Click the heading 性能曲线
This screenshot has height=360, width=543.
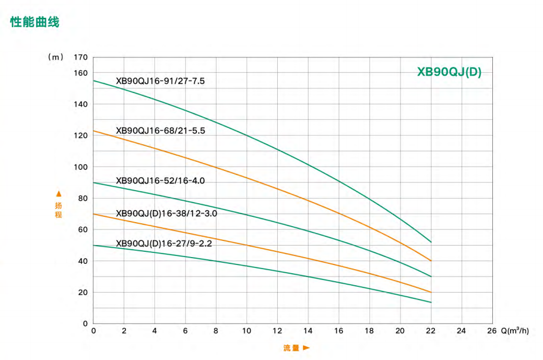click(x=35, y=22)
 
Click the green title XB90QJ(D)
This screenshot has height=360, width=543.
click(x=449, y=73)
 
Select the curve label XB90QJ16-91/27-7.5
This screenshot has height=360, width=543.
click(x=166, y=81)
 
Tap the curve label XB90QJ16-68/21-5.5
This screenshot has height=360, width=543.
click(x=160, y=131)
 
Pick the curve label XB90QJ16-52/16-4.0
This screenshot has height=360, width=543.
click(x=160, y=181)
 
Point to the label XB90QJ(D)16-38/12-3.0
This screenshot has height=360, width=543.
click(x=167, y=214)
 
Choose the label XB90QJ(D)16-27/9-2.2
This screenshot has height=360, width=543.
click(x=164, y=243)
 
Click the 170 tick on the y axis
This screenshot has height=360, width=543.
click(x=81, y=57)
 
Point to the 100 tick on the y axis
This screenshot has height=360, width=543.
click(x=81, y=167)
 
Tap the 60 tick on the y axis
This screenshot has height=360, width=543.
click(x=82, y=230)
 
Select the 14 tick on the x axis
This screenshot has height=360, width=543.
click(x=308, y=331)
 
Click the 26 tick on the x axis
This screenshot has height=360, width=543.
click(x=492, y=331)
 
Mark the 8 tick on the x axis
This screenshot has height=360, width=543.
click(x=216, y=331)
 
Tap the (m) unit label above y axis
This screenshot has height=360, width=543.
click(x=55, y=57)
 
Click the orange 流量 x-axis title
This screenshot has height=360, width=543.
click(x=291, y=347)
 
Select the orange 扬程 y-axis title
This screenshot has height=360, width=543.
click(x=58, y=210)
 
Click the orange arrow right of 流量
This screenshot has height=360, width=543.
click(x=306, y=347)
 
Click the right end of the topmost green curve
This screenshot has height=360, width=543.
click(x=431, y=242)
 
